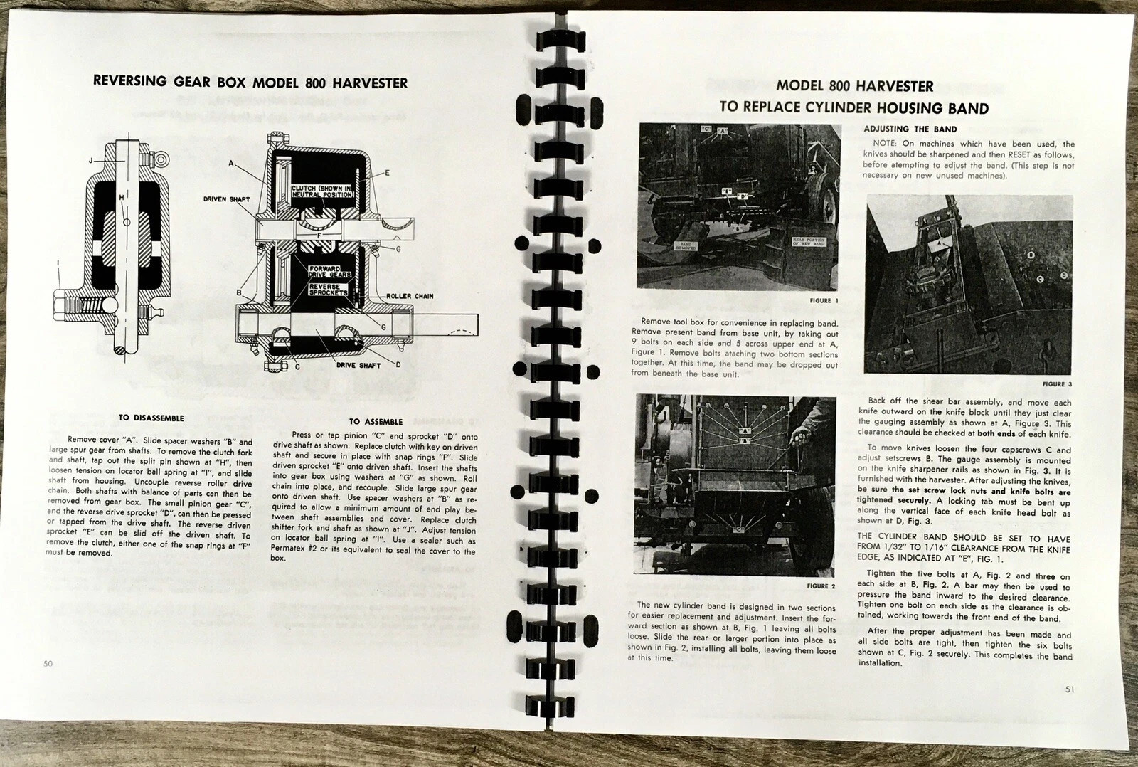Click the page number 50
tap(48, 664)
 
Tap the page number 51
tap(1070, 689)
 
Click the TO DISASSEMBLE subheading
tap(151, 418)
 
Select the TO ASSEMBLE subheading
tap(376, 422)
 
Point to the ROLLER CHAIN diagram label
tap(410, 296)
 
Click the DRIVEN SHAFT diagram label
tap(226, 199)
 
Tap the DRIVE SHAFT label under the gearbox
tap(358, 365)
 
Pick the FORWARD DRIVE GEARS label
tap(329, 272)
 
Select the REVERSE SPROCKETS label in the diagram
tap(329, 289)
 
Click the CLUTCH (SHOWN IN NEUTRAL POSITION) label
tap(322, 191)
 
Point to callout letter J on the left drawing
tap(90, 161)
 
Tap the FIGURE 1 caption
tap(824, 301)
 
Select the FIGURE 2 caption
tap(821, 586)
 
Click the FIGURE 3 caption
tap(1057, 384)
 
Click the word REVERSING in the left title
tap(130, 81)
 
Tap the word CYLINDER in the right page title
tap(839, 108)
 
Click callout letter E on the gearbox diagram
tap(387, 173)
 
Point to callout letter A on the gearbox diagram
tap(231, 163)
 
